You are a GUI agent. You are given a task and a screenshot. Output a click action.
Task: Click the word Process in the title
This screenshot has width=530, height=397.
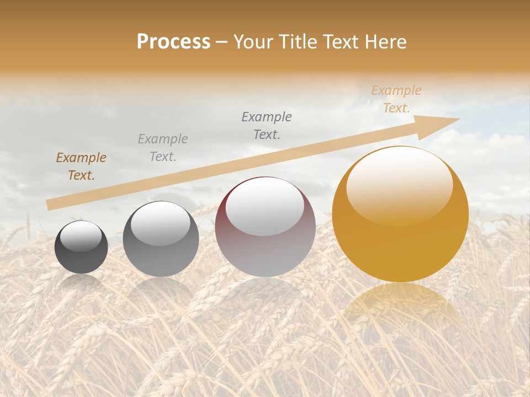click(x=173, y=42)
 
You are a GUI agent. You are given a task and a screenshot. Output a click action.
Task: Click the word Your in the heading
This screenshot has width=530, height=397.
click(x=253, y=42)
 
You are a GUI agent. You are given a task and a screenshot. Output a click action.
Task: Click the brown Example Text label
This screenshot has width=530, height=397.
click(x=81, y=167)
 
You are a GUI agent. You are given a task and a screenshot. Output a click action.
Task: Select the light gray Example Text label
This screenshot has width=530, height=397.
click(x=163, y=148)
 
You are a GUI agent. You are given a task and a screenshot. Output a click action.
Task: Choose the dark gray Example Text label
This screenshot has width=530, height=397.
click(x=267, y=126)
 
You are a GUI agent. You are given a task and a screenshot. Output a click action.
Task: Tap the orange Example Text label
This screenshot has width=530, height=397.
click(x=396, y=99)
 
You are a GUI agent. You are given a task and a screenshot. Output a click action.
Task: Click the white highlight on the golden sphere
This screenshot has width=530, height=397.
click(x=399, y=185)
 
